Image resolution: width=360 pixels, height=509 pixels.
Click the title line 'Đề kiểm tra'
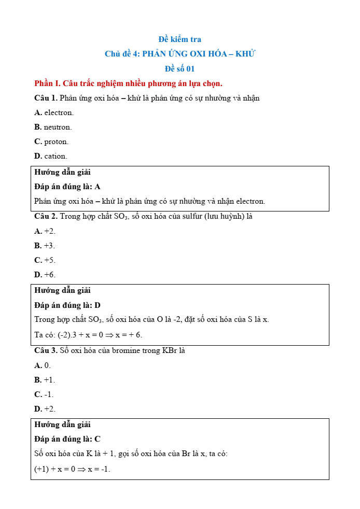pyautogui.click(x=179, y=39)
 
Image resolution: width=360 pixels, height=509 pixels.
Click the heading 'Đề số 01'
pyautogui.click(x=179, y=68)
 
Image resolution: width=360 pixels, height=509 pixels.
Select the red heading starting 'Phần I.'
pyautogui.click(x=128, y=83)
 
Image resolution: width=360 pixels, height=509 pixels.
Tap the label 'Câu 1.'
pyautogui.click(x=46, y=98)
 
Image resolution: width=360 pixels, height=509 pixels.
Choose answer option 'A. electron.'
pyautogui.click(x=54, y=112)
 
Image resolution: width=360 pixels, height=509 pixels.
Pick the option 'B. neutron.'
pyautogui.click(x=53, y=127)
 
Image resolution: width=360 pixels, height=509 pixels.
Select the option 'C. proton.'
pyautogui.click(x=51, y=142)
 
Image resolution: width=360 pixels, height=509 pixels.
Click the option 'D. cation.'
pyautogui.click(x=51, y=156)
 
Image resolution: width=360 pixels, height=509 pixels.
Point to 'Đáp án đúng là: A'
pyautogui.click(x=67, y=187)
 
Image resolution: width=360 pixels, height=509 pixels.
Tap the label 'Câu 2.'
pyautogui.click(x=46, y=216)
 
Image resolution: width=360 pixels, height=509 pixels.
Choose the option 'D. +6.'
pyautogui.click(x=45, y=275)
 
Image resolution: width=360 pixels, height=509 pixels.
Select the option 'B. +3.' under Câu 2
pyautogui.click(x=45, y=246)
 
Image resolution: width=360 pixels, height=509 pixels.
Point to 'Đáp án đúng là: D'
pyautogui.click(x=67, y=305)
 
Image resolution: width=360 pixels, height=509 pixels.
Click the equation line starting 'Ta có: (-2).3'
pyautogui.click(x=88, y=335)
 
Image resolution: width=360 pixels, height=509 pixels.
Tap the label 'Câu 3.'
pyautogui.click(x=46, y=350)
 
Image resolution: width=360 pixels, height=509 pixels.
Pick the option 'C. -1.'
pyautogui.click(x=44, y=394)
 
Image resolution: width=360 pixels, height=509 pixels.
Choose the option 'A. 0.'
pyautogui.click(x=43, y=365)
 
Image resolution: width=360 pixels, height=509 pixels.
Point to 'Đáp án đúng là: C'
pyautogui.click(x=67, y=439)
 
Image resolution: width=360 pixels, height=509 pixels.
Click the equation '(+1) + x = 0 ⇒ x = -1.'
pyautogui.click(x=72, y=469)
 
